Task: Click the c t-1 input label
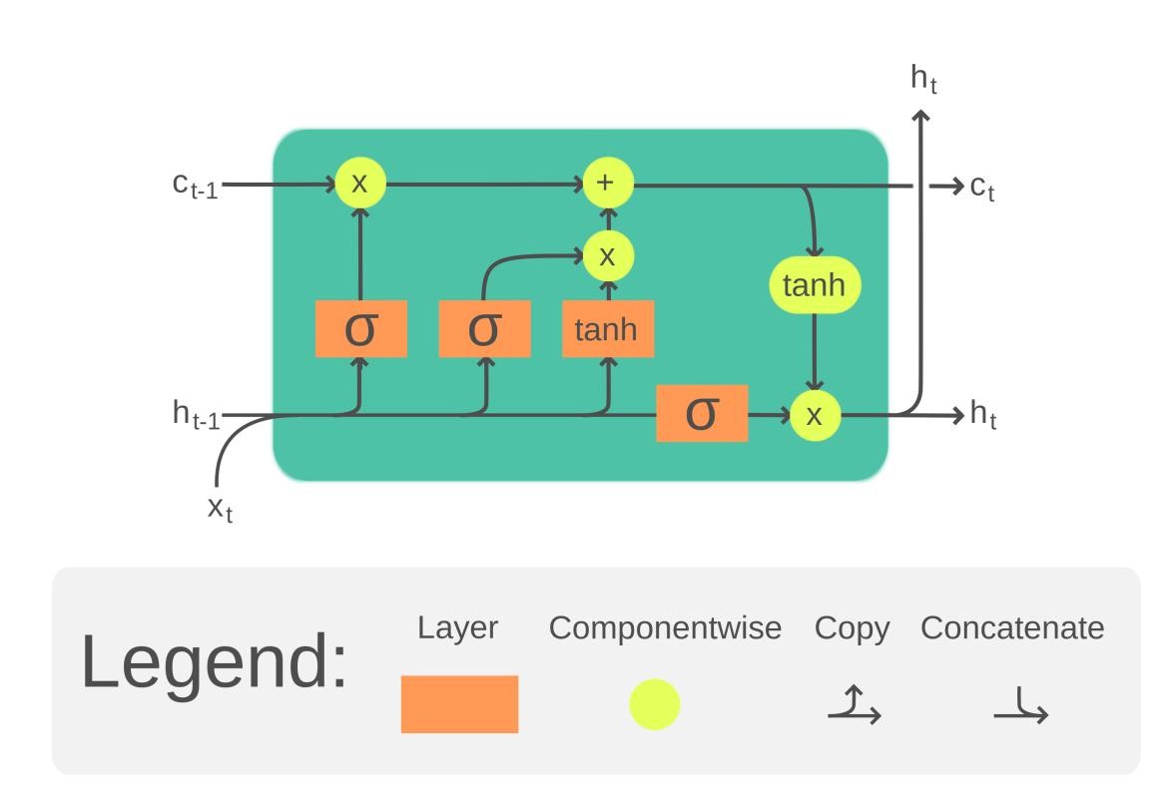194,186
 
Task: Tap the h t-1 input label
195,414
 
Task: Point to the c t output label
982,187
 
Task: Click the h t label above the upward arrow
923,80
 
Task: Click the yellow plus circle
607,184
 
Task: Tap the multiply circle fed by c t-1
359,184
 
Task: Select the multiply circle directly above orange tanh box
607,256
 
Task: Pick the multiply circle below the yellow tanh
815,415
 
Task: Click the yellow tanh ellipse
814,285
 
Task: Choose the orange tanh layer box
607,328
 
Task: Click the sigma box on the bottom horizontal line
702,413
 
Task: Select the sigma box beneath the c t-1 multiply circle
360,328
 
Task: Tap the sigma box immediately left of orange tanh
484,328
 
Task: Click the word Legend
214,660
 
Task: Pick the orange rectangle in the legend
459,704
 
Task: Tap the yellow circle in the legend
654,704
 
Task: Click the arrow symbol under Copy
854,704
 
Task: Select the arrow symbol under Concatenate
1020,707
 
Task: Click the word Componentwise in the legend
665,628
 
